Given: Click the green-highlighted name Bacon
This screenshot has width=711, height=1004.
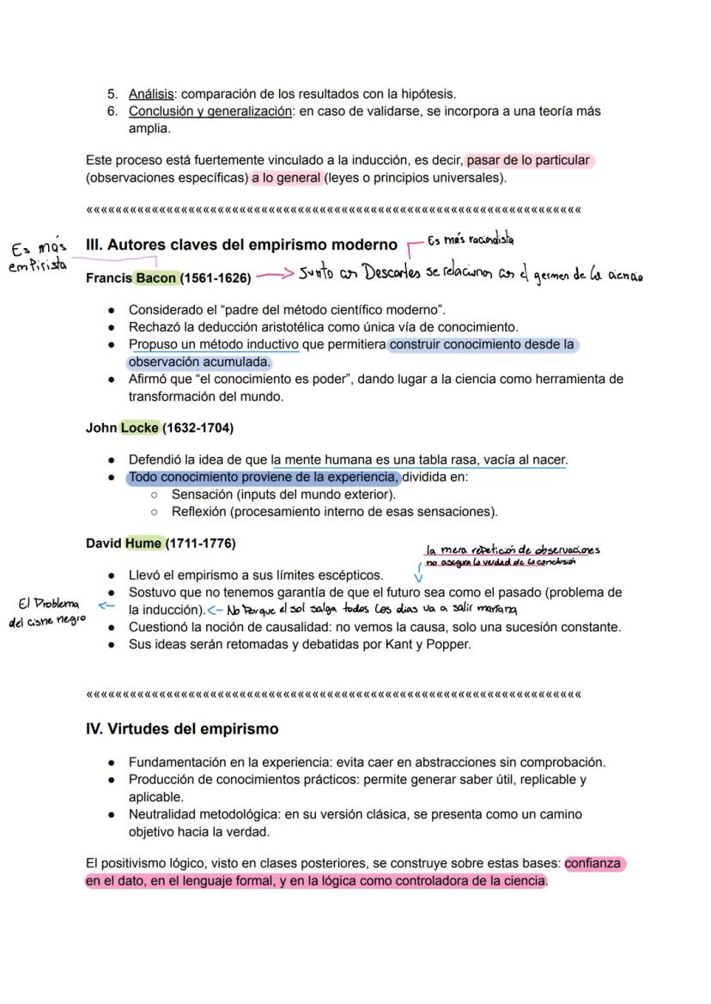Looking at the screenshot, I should point(155,278).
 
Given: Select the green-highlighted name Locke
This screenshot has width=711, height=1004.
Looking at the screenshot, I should point(140,428).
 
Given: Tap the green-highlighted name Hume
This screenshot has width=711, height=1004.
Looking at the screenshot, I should point(143,544).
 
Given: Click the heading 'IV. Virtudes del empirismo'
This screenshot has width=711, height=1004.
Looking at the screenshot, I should point(182,729).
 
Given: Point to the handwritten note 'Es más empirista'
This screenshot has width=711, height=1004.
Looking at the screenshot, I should point(39,257).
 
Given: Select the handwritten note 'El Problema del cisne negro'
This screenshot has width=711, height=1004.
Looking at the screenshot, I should point(47,612).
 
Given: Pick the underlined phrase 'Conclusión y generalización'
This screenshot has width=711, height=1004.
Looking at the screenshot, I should point(210,112).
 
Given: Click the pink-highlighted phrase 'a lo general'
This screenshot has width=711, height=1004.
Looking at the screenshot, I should point(287,179).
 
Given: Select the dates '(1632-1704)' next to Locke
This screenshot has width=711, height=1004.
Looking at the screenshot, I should point(197,428).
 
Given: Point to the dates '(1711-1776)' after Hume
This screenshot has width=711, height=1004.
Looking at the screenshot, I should point(200,544).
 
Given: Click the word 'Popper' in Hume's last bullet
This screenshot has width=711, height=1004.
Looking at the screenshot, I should point(448,645).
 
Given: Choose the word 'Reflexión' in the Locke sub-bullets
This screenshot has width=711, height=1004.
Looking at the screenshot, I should point(201,512).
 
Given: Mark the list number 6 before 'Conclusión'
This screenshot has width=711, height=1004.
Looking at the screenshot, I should point(112,112).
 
